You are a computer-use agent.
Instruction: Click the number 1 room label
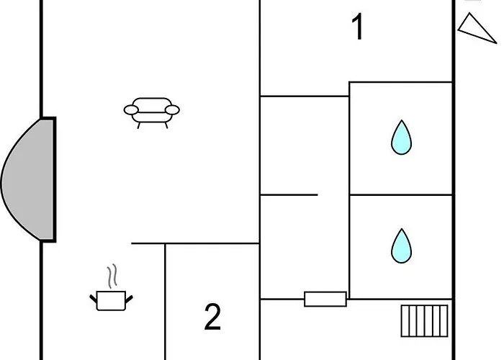tap(357, 27)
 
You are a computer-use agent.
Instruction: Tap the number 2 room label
tap(212, 318)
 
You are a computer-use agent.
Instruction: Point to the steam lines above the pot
tap(110, 276)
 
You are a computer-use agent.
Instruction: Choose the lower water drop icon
tap(401, 246)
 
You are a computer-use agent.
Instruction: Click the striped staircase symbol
tap(424, 320)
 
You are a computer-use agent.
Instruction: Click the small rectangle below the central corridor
tap(325, 299)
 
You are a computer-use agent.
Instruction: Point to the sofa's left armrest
tap(131, 110)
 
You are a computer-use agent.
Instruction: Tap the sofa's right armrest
tap(173, 110)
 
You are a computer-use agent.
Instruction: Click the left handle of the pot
tap(94, 296)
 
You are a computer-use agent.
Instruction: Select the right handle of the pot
tap(130, 296)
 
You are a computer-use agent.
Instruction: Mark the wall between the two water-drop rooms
tap(400, 194)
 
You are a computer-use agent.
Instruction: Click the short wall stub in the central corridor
tap(288, 194)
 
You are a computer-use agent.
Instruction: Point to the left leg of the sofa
tap(139, 125)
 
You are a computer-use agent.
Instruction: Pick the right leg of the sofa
tap(166, 125)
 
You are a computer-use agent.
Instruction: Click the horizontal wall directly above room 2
tap(212, 243)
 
